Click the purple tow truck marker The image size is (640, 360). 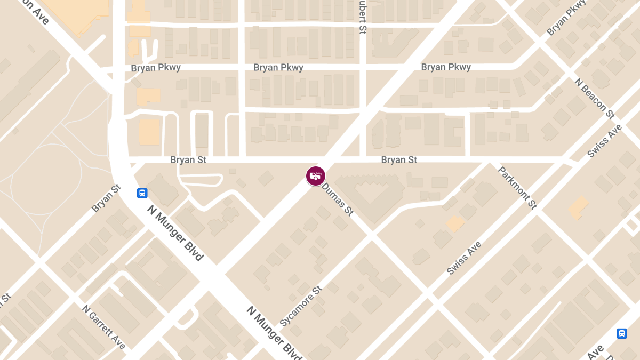tap(316, 175)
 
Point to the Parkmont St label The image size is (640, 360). tap(517, 188)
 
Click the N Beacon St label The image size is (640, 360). tap(595, 98)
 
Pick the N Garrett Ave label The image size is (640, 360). tap(103, 327)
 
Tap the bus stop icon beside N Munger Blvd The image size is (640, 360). tap(142, 193)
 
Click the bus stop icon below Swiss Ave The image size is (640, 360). tap(622, 333)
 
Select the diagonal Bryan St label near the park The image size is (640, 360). tap(106, 198)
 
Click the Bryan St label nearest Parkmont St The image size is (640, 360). tap(399, 160)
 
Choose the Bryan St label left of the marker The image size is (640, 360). tap(188, 160)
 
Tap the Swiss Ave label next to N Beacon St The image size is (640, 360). tap(604, 141)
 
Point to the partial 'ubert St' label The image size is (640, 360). tap(362, 17)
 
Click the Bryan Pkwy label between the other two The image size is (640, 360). tap(278, 68)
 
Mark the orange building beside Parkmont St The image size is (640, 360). tap(579, 207)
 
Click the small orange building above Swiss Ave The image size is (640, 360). tap(455, 223)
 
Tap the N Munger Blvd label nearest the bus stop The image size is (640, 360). tap(175, 233)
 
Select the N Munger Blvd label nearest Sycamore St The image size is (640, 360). tap(274, 333)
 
